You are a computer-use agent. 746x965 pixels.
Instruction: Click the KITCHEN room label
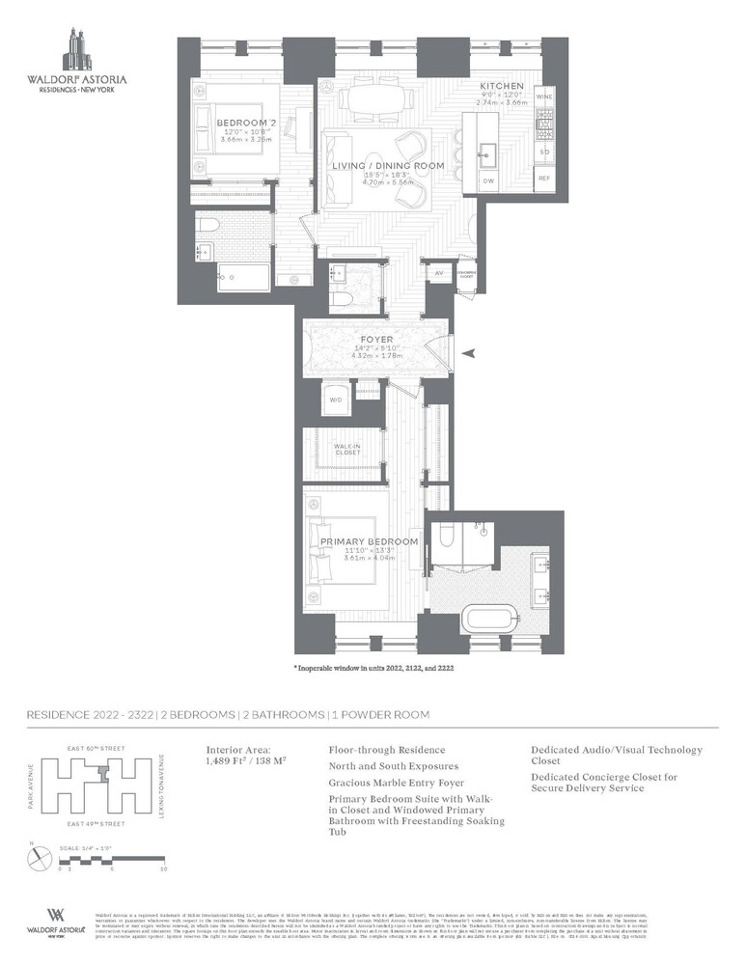(501, 87)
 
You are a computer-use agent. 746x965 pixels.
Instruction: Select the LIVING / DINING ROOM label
(388, 166)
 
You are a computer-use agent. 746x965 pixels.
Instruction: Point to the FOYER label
(376, 340)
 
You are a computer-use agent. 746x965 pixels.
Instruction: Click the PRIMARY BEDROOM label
(369, 541)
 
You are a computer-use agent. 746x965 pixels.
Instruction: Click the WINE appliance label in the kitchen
(544, 96)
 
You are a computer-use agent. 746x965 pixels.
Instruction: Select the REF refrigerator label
(544, 179)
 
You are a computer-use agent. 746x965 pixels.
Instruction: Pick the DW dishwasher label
(488, 180)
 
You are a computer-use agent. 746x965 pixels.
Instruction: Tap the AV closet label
(438, 274)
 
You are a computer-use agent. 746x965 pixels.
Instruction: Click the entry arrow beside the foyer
(470, 354)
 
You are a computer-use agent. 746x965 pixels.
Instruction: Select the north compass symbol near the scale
(37, 855)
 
